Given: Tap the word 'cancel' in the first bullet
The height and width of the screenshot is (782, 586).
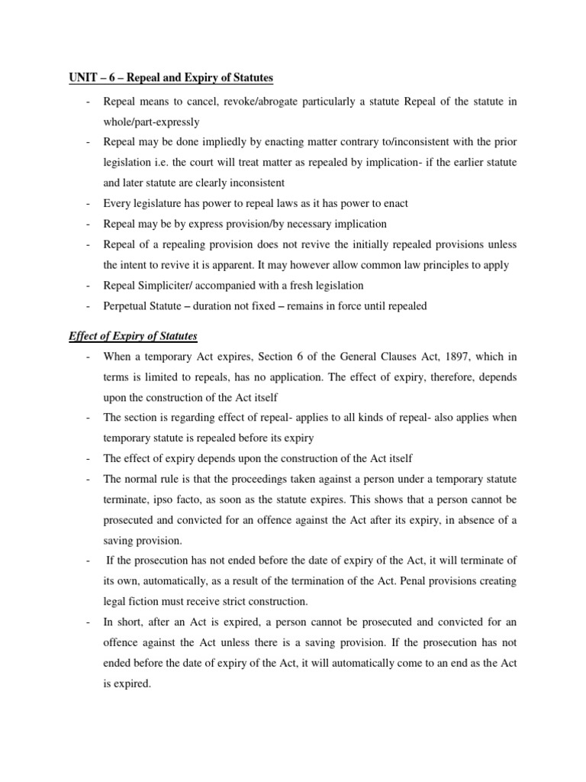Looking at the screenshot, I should (x=212, y=102).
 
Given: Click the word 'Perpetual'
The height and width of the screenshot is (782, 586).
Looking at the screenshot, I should (x=126, y=305).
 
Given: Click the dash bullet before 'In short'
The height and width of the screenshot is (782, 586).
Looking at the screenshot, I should (x=89, y=622).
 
